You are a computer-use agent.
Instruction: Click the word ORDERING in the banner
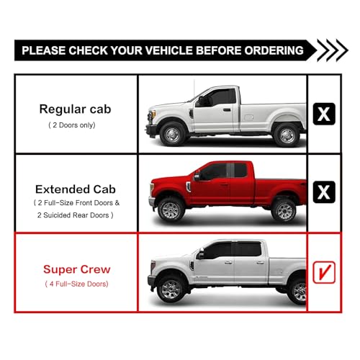pos(274,50)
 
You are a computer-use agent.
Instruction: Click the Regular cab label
pos(75,109)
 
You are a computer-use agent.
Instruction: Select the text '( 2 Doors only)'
pos(72,125)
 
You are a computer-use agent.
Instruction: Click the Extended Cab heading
pos(76,189)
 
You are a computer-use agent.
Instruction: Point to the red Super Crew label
pos(77,269)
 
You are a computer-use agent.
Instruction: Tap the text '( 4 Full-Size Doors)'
pos(76,284)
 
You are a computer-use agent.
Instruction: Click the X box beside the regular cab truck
pos(324,114)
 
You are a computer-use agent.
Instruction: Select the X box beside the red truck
pos(324,192)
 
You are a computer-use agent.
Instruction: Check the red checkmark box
pos(324,272)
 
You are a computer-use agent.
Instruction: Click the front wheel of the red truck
pos(171,210)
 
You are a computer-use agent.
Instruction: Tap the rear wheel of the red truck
pos(284,211)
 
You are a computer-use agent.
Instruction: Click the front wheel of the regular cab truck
pos(173,135)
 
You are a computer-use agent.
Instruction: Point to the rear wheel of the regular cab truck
pos(287,135)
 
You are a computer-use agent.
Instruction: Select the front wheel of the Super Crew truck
pos(170,289)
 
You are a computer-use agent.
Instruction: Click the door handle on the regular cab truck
pos(227,110)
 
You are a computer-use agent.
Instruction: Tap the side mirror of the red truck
pos(197,176)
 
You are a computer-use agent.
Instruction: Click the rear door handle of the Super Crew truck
pos(260,263)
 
